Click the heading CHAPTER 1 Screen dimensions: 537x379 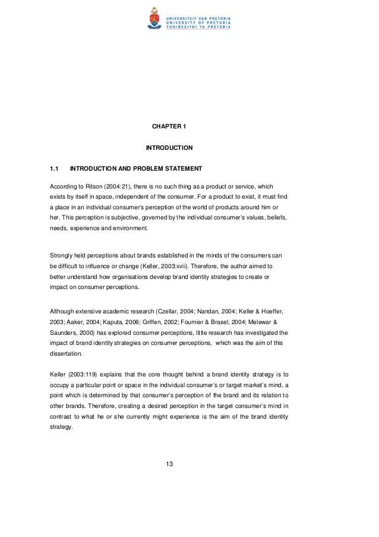pyautogui.click(x=169, y=126)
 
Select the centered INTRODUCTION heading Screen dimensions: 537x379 pyautogui.click(x=169, y=147)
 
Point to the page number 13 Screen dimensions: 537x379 pyautogui.click(x=169, y=464)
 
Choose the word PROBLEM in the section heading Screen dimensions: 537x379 pyautogui.click(x=151, y=167)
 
